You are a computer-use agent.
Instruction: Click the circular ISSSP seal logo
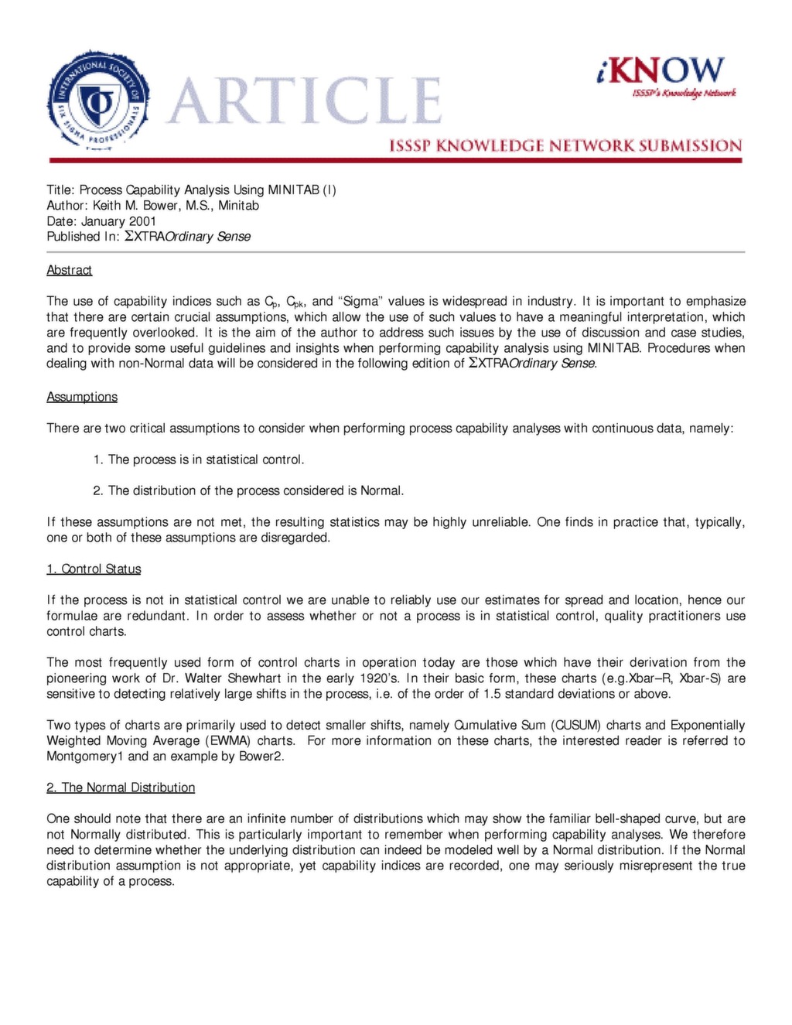pyautogui.click(x=98, y=101)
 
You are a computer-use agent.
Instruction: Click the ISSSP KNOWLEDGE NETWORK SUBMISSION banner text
pyautogui.click(x=565, y=145)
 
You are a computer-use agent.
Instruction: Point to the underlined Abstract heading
pyautogui.click(x=69, y=270)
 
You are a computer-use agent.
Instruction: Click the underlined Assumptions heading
pyautogui.click(x=82, y=397)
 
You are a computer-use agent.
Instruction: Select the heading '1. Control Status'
pyautogui.click(x=94, y=569)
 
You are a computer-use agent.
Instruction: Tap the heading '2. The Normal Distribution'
pyautogui.click(x=121, y=788)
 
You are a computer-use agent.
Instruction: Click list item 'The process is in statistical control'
pyautogui.click(x=206, y=460)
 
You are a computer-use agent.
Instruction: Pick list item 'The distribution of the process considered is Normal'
pyautogui.click(x=255, y=490)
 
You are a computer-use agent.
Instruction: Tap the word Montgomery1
pyautogui.click(x=85, y=757)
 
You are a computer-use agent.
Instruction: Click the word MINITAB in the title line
pyautogui.click(x=293, y=190)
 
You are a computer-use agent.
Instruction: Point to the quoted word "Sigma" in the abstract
pyautogui.click(x=357, y=302)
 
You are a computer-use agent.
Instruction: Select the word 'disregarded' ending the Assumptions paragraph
pyautogui.click(x=297, y=538)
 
